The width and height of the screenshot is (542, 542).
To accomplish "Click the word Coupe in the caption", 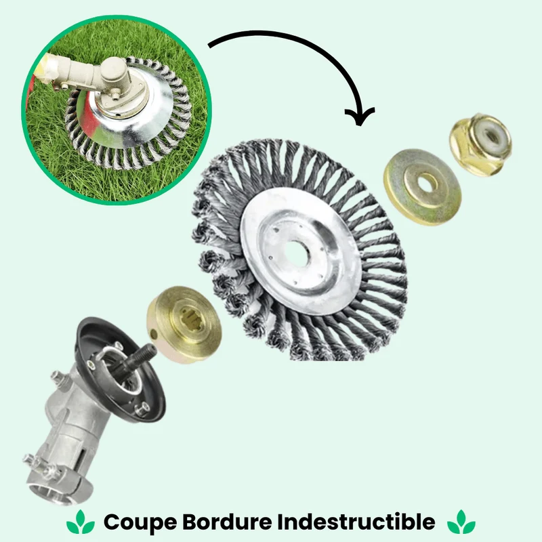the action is click(140, 522).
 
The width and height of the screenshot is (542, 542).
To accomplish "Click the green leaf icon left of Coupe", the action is click(81, 522).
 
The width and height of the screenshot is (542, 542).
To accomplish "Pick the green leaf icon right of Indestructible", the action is click(461, 522).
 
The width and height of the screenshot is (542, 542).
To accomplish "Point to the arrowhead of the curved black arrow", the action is click(360, 117).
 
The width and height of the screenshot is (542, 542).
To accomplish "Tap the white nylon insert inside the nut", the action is click(489, 133).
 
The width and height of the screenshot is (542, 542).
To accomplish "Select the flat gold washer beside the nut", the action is click(422, 187).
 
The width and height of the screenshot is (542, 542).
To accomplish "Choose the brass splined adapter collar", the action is click(184, 325).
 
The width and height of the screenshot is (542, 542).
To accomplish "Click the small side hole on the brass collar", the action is click(153, 334).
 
